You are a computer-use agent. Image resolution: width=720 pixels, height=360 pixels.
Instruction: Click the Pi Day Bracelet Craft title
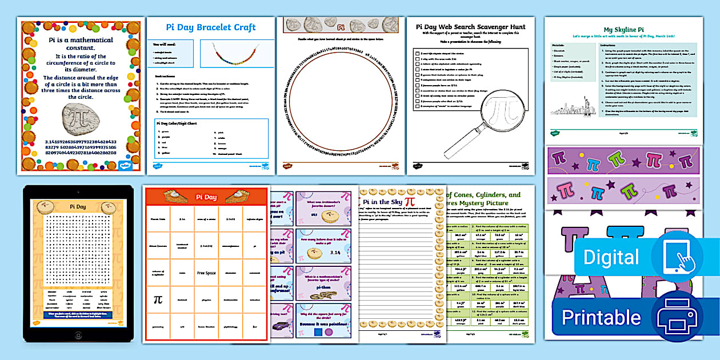(210, 27)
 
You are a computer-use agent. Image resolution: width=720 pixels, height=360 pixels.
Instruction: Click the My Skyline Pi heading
(623, 30)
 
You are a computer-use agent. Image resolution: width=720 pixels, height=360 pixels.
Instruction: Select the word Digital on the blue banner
(611, 257)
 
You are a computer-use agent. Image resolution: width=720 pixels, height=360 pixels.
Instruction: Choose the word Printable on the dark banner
(601, 318)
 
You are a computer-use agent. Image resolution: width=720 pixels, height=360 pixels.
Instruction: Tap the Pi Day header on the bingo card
(207, 197)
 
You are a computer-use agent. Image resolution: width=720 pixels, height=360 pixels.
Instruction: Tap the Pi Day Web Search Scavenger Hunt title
(470, 26)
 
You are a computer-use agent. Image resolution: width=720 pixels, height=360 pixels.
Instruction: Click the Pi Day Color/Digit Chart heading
(181, 122)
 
